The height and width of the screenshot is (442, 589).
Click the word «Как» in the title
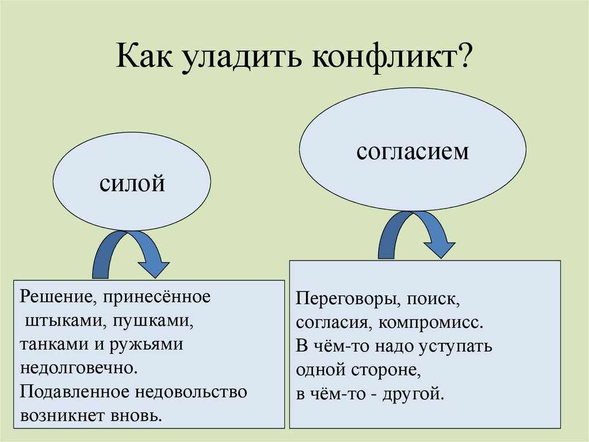144,56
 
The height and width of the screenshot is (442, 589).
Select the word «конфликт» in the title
384,57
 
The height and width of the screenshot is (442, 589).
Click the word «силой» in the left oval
132,183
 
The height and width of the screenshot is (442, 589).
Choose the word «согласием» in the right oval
412,151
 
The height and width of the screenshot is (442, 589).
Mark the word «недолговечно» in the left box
78,368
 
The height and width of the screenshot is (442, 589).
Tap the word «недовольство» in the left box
191,391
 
